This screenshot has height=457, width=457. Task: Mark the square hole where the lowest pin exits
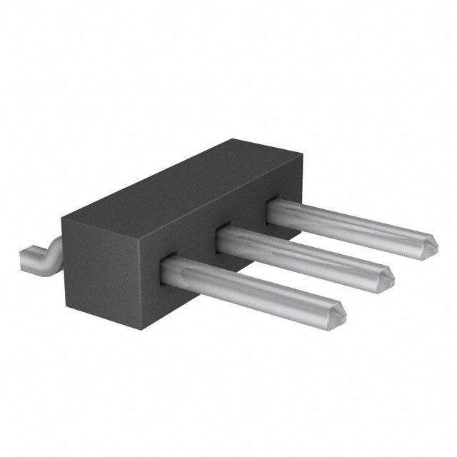coord(169,263)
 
